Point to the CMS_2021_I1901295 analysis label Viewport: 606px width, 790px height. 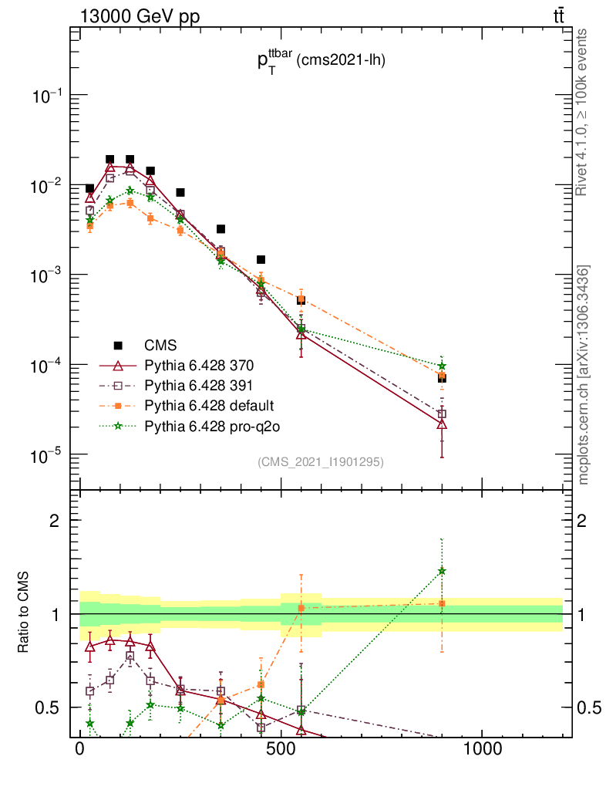tap(320, 461)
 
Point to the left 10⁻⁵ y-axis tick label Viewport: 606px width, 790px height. tap(48, 454)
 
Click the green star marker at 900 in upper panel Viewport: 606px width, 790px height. tap(442, 366)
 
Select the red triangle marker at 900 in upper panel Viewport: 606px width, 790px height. tap(442, 424)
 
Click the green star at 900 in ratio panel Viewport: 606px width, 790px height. tap(442, 571)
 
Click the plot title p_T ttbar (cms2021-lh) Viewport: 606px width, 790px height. tap(321, 62)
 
